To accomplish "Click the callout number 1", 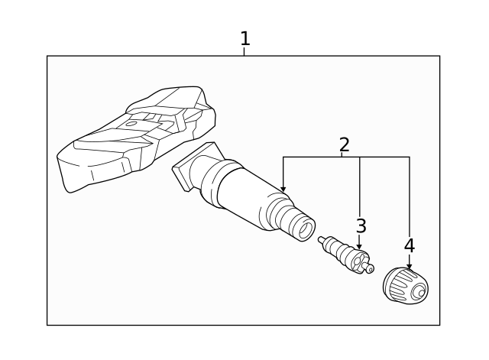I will (x=244, y=38).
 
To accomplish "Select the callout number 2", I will (x=344, y=144).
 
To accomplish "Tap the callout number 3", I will (x=361, y=226).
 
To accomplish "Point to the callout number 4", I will (x=410, y=246).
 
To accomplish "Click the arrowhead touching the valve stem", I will (x=283, y=189).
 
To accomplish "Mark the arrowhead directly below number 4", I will (x=410, y=266).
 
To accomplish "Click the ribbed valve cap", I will (x=405, y=286).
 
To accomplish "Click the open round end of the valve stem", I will (x=304, y=227).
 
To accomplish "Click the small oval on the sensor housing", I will (x=131, y=122).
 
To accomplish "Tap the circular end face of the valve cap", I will (x=419, y=292).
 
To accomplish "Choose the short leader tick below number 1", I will (x=244, y=52).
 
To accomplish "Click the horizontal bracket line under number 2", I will (x=344, y=157).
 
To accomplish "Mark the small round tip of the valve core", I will (x=371, y=269).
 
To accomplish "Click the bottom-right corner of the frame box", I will (x=439, y=325).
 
